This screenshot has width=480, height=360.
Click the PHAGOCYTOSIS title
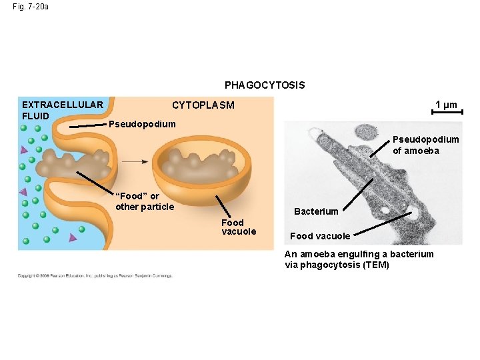point(265,85)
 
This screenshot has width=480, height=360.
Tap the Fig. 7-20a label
point(30,7)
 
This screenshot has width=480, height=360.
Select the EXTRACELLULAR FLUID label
point(62,110)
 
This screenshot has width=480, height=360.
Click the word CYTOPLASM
point(203,105)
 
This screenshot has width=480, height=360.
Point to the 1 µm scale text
point(446,104)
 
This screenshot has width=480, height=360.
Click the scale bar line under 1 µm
point(446,113)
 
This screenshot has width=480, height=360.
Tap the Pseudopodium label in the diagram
point(142,124)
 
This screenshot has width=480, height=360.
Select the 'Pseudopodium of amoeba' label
point(425,145)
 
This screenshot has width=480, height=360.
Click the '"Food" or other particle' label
point(144,201)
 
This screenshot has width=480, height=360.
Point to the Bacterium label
point(316,211)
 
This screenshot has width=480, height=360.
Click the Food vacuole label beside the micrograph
point(320,236)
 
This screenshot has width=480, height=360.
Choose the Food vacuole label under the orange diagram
point(239,227)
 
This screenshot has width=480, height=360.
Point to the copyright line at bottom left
point(95,275)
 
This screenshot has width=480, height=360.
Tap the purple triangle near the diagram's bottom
point(73,237)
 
